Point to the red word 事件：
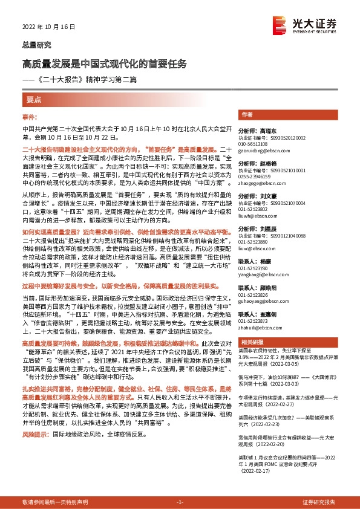tap(30, 116)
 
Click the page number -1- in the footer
tap(179, 502)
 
